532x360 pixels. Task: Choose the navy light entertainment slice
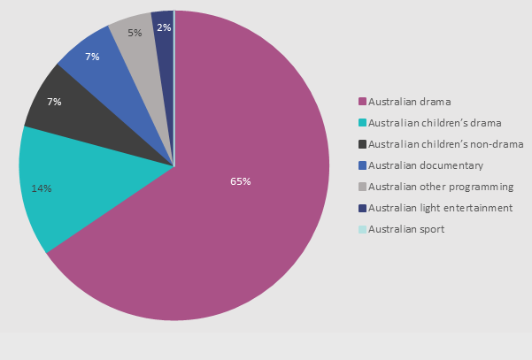pos(163,44)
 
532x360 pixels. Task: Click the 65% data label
pos(241,181)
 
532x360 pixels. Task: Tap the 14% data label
pos(41,188)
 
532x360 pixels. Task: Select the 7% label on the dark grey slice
pos(54,103)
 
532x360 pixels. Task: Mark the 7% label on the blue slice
pos(92,57)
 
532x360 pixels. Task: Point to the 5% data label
pos(135,33)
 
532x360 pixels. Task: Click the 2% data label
pos(164,27)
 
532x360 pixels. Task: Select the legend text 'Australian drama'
pos(409,101)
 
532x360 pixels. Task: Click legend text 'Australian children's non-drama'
pos(445,144)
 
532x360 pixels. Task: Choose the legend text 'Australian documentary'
pos(425,165)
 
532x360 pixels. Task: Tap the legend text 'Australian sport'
pos(406,229)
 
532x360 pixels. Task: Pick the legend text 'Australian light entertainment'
pos(440,208)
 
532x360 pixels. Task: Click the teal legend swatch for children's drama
pos(362,123)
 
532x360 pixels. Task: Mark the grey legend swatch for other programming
pos(362,187)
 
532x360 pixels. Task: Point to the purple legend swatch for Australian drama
pos(362,102)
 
